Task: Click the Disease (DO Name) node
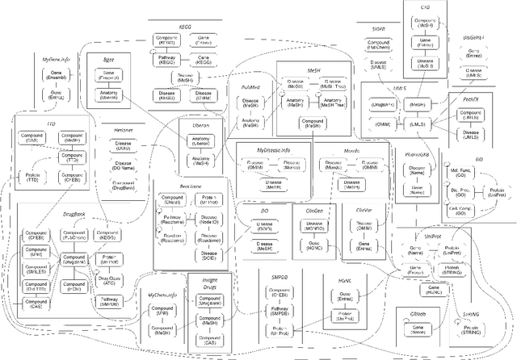point(124,165)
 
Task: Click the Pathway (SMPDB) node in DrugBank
point(108,303)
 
